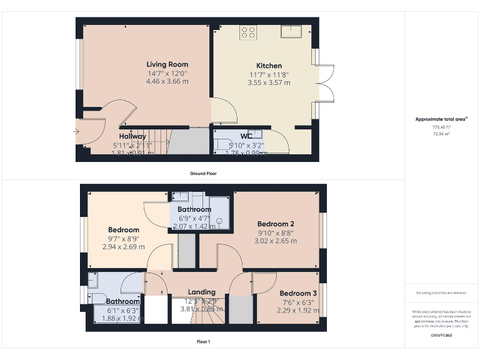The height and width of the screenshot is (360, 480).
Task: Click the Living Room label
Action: pos(167,64)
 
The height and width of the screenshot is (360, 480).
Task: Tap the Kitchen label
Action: pos(269,66)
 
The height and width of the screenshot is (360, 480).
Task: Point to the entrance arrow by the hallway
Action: pos(76,131)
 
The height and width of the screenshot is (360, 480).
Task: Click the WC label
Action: pos(246,136)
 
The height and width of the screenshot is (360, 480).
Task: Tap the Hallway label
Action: pos(132,136)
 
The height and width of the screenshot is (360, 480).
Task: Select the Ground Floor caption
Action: pos(203,173)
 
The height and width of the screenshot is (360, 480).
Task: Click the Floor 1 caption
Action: pos(203,341)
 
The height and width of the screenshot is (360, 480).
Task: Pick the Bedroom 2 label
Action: pos(276,224)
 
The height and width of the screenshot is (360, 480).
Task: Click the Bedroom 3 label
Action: pos(298,293)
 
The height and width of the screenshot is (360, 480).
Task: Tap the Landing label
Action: pos(201,292)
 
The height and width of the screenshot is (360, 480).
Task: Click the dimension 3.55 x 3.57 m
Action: pos(269,82)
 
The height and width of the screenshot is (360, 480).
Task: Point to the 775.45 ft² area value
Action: pos(441,126)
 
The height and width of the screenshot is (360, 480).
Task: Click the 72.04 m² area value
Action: pos(441,133)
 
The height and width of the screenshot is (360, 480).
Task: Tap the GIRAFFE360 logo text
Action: pos(441,336)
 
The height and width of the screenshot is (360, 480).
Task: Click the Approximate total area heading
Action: pos(441,119)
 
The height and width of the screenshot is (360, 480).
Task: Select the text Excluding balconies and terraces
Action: pos(441,292)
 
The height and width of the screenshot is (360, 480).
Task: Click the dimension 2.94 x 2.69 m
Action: pos(123,246)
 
